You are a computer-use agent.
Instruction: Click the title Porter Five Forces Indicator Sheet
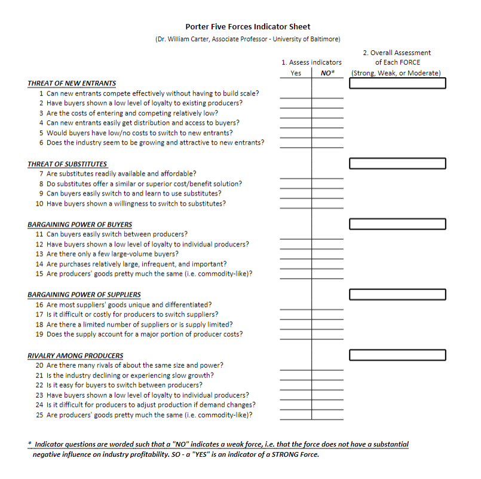click(x=247, y=26)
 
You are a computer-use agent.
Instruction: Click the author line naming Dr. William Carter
click(x=247, y=39)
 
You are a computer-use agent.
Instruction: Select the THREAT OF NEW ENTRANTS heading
click(x=72, y=83)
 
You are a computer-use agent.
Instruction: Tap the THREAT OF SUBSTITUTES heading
click(x=68, y=164)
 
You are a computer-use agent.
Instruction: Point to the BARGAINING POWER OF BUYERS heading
click(x=79, y=224)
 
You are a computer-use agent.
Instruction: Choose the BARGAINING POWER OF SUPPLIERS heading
click(x=84, y=294)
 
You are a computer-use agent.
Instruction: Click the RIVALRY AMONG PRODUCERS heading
click(x=75, y=355)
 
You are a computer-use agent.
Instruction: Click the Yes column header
click(x=296, y=73)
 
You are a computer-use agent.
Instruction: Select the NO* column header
click(x=327, y=73)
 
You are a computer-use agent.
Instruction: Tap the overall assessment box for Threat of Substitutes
click(x=397, y=163)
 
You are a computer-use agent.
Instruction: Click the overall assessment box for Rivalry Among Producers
click(x=397, y=355)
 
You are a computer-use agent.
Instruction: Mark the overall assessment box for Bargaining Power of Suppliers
click(x=397, y=294)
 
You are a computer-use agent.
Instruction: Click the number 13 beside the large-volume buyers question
click(x=39, y=254)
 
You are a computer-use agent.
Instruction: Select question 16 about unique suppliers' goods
click(x=128, y=304)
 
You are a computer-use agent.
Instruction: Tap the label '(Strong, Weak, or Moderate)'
click(x=396, y=73)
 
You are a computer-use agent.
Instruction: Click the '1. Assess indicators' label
click(x=311, y=62)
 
